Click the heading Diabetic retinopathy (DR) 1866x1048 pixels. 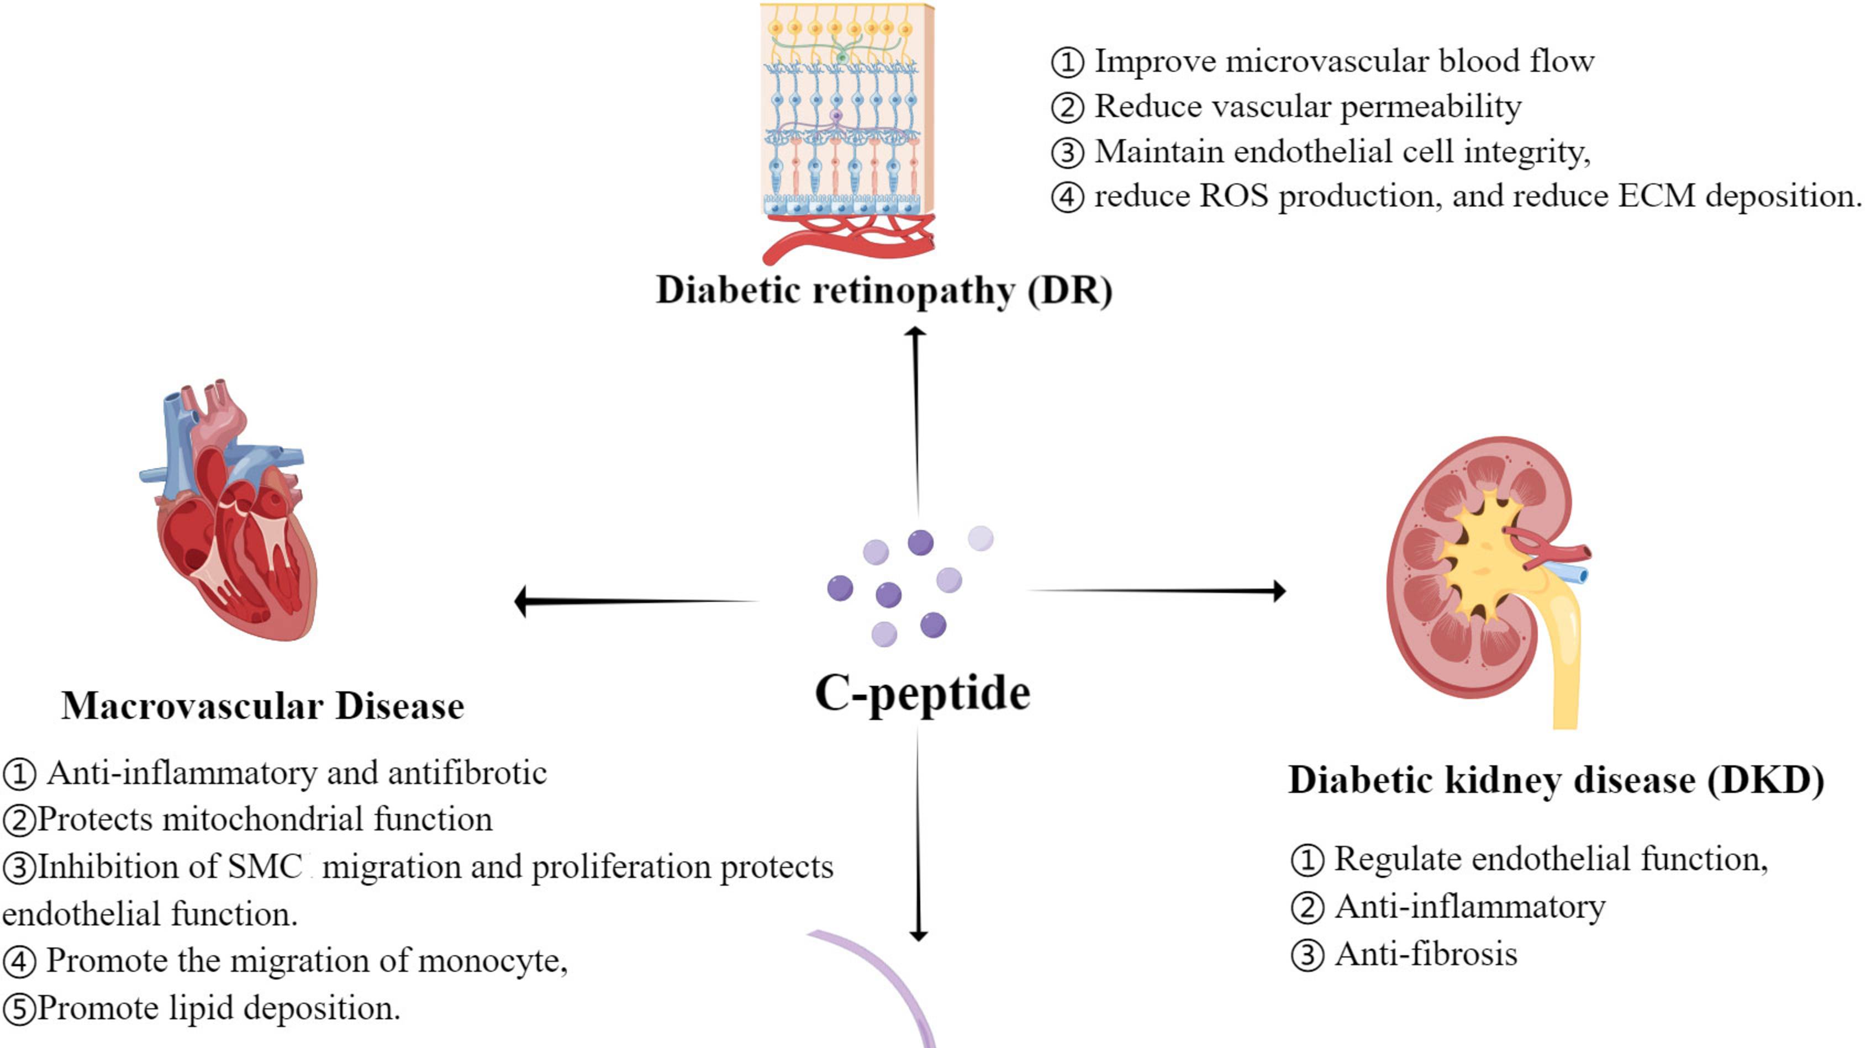coord(884,291)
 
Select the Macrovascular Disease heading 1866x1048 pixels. coord(262,706)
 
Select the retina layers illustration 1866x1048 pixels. coord(846,123)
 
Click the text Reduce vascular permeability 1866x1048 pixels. coord(1307,107)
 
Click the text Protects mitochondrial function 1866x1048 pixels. coord(265,820)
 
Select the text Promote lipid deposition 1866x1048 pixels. coord(217,1008)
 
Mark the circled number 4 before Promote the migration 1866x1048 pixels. coord(19,962)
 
